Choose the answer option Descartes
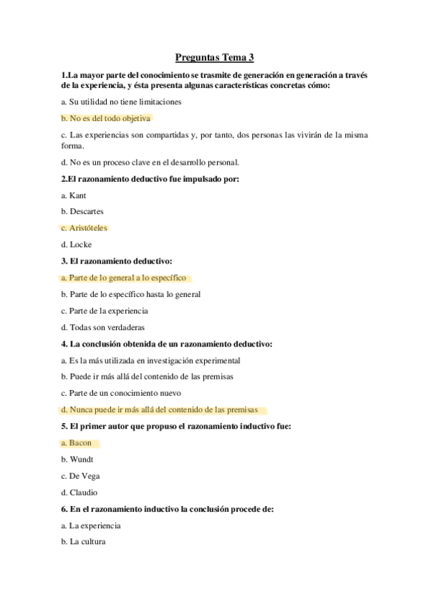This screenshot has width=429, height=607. (82, 211)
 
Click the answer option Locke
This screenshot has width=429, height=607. (77, 244)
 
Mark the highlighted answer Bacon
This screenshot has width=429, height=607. (80, 443)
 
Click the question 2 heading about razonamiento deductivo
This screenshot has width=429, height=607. (150, 178)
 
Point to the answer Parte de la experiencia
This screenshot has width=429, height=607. (105, 311)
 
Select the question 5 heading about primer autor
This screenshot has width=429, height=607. (171, 427)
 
